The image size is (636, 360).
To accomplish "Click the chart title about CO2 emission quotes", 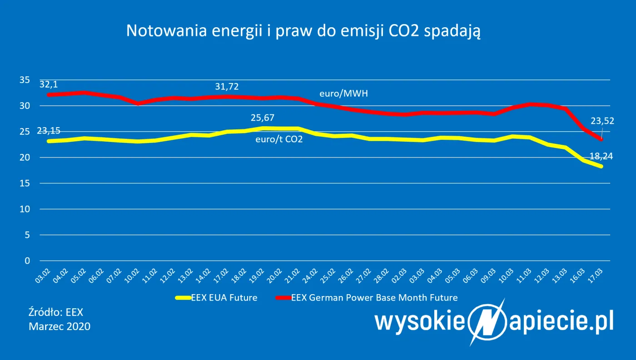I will (x=303, y=31).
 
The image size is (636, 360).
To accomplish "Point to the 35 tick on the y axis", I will (x=25, y=80).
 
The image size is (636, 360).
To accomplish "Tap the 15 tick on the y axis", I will (x=25, y=183).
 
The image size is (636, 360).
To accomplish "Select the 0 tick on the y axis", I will (x=27, y=261).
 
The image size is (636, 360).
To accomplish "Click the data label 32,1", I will (x=49, y=84).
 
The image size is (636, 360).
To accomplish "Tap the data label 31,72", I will (x=227, y=86).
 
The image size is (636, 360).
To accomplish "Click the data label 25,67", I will (x=263, y=118).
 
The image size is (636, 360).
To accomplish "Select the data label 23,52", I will (x=602, y=121).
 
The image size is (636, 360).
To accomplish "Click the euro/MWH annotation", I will (x=343, y=94).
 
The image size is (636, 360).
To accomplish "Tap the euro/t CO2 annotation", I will (x=279, y=139).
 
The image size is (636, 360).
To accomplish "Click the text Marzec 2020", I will (x=60, y=326).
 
